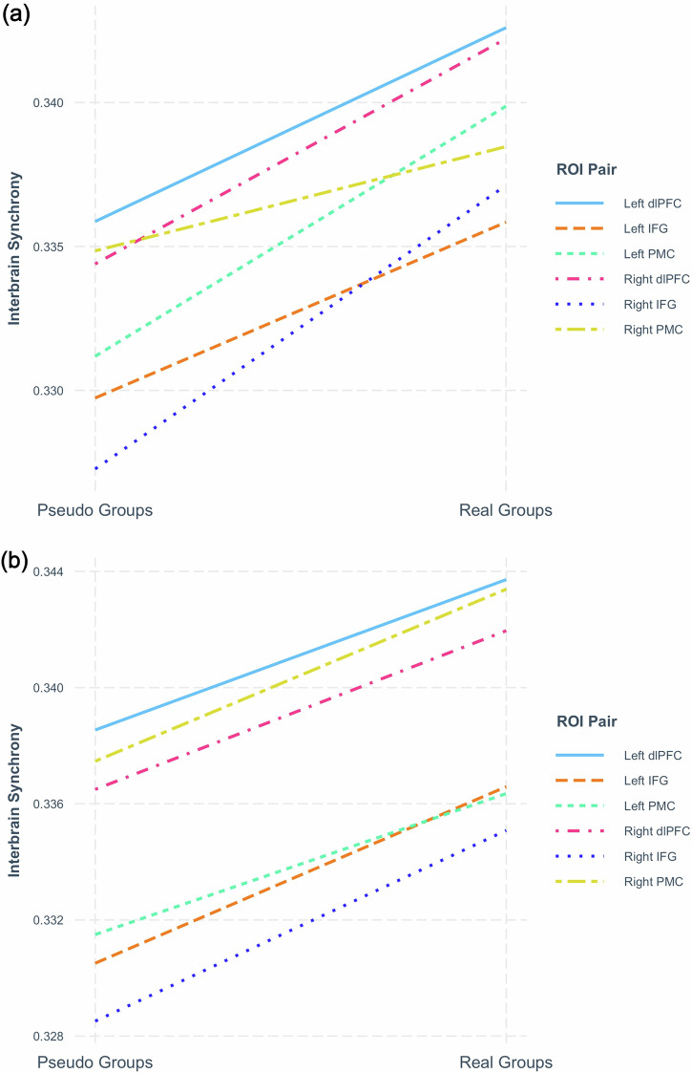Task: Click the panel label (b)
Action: [15, 561]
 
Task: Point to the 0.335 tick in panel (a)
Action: [49, 247]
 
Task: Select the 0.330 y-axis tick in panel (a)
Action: [49, 391]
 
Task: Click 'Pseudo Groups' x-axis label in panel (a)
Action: [95, 510]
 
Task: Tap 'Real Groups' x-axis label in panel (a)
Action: [505, 510]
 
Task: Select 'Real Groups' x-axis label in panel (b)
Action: [505, 1062]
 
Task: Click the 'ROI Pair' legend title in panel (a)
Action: [587, 170]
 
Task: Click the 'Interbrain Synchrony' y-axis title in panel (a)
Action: [15, 248]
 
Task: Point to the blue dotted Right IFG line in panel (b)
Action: [301, 926]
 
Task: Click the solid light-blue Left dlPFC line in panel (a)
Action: [301, 124]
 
